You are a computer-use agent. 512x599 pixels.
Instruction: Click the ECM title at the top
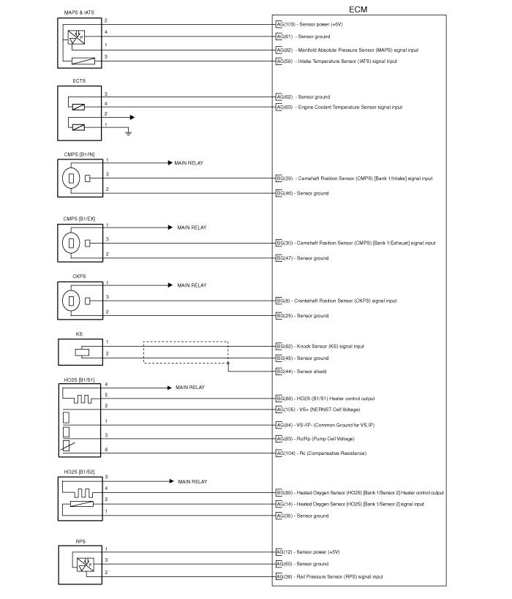[358, 10]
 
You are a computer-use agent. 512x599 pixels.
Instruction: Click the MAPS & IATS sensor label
[79, 12]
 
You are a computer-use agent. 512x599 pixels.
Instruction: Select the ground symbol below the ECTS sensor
[129, 133]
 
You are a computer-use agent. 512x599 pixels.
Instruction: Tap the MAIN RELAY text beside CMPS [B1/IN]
[189, 163]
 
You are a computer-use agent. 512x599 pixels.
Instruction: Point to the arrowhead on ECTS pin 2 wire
[132, 117]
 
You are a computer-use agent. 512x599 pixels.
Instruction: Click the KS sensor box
[80, 353]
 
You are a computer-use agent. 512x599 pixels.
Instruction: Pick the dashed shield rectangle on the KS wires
[186, 342]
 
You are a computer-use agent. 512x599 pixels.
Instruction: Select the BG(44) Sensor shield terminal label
[301, 372]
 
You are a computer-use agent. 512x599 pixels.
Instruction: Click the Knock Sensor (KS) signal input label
[331, 347]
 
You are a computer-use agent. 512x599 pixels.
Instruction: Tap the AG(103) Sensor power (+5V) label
[309, 24]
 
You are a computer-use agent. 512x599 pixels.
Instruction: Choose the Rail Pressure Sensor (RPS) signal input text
[339, 577]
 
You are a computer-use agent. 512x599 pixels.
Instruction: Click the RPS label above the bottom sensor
[80, 541]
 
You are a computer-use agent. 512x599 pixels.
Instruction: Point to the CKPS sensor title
[79, 276]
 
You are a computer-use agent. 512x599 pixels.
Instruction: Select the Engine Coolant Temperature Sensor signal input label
[350, 108]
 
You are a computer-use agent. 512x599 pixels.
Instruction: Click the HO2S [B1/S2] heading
[79, 472]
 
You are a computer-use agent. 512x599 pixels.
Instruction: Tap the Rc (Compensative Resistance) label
[333, 453]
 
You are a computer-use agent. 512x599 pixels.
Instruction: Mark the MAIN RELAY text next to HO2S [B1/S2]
[192, 482]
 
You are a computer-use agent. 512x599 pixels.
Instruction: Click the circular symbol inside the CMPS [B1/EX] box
[71, 243]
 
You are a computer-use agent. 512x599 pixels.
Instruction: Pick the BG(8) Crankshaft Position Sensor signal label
[336, 301]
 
